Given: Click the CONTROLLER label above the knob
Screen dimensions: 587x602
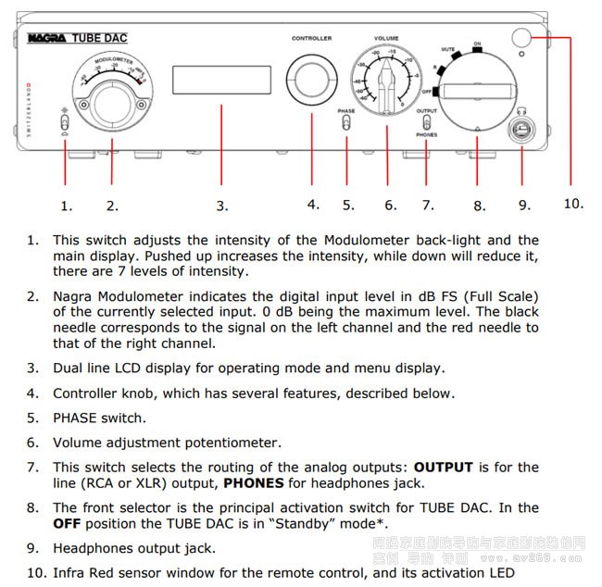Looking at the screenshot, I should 311,39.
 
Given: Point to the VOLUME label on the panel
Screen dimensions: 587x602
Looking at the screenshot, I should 386,38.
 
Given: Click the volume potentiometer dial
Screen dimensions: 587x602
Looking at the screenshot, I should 386,81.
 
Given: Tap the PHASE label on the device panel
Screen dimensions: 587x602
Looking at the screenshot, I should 346,111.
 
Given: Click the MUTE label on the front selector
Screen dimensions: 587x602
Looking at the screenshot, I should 447,47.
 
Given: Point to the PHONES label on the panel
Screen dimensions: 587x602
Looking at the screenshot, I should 426,134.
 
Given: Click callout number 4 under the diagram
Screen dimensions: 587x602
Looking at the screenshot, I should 313,204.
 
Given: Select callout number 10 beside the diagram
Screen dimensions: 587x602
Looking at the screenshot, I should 574,203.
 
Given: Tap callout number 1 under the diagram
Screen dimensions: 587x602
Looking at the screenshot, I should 66,206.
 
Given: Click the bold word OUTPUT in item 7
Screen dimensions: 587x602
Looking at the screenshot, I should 443,468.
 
